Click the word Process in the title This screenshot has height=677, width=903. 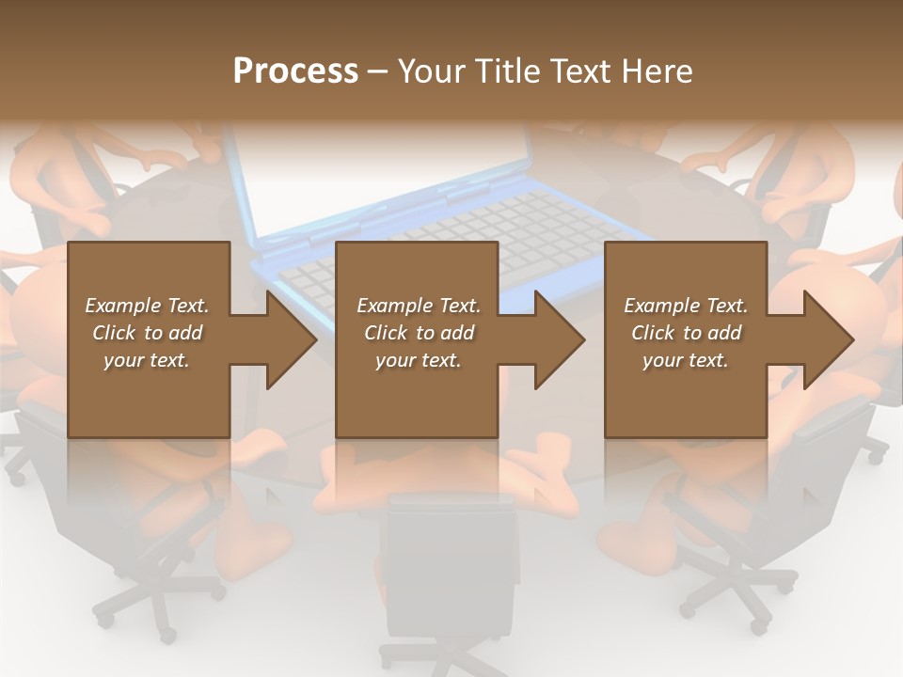click(295, 71)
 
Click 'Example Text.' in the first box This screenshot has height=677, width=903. click(147, 306)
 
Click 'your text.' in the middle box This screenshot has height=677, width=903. click(418, 360)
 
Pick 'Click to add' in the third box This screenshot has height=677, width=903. click(686, 333)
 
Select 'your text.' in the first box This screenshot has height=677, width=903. click(147, 360)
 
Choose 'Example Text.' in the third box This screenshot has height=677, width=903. click(686, 306)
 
